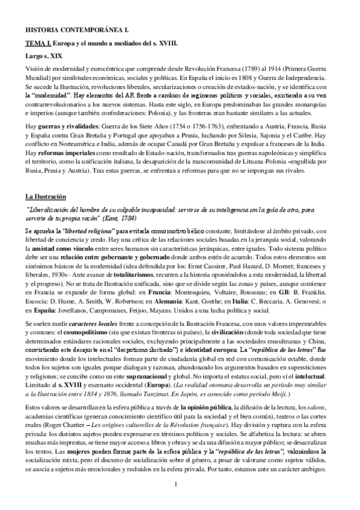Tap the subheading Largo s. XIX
(43, 58)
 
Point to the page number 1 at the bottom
(174, 484)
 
